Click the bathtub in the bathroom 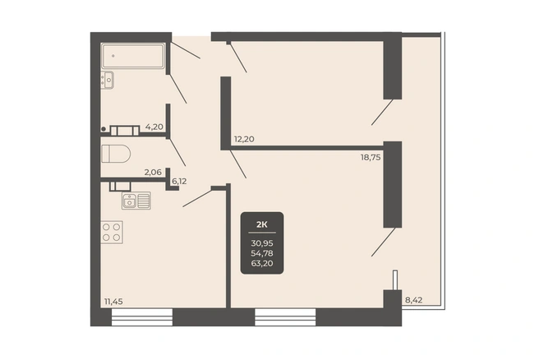click(x=132, y=56)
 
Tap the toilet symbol click(x=116, y=154)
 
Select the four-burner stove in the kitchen click(x=112, y=232)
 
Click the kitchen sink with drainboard click(x=136, y=201)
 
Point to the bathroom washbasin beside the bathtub click(x=108, y=80)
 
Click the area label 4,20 click(x=154, y=127)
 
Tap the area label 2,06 click(x=153, y=173)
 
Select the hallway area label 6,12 click(x=179, y=181)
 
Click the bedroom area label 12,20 click(x=244, y=139)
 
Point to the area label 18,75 click(x=371, y=158)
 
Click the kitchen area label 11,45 click(x=113, y=302)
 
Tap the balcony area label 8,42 click(x=413, y=300)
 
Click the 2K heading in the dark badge click(x=262, y=225)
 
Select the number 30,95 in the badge click(x=262, y=243)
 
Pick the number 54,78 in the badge click(x=262, y=253)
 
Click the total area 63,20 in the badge click(x=262, y=263)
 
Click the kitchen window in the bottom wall click(x=142, y=316)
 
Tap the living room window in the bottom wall click(x=285, y=316)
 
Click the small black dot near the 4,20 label click(x=104, y=129)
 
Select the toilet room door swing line click(x=177, y=152)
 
